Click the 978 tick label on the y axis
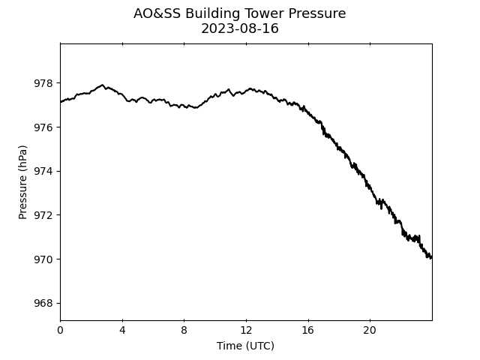43,83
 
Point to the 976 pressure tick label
43,127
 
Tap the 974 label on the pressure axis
43,171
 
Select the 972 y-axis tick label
43,215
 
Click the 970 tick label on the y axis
43,259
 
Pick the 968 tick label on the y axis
43,303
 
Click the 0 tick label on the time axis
60,330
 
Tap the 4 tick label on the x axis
122,330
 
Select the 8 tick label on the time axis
184,330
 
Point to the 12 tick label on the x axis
246,330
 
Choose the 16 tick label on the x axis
308,330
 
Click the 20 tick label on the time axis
370,330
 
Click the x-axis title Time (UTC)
245,346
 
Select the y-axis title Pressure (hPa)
22,182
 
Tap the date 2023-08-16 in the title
240,28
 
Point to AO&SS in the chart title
157,13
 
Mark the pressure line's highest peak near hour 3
102,85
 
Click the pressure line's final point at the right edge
432,258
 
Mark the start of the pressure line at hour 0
61,102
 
